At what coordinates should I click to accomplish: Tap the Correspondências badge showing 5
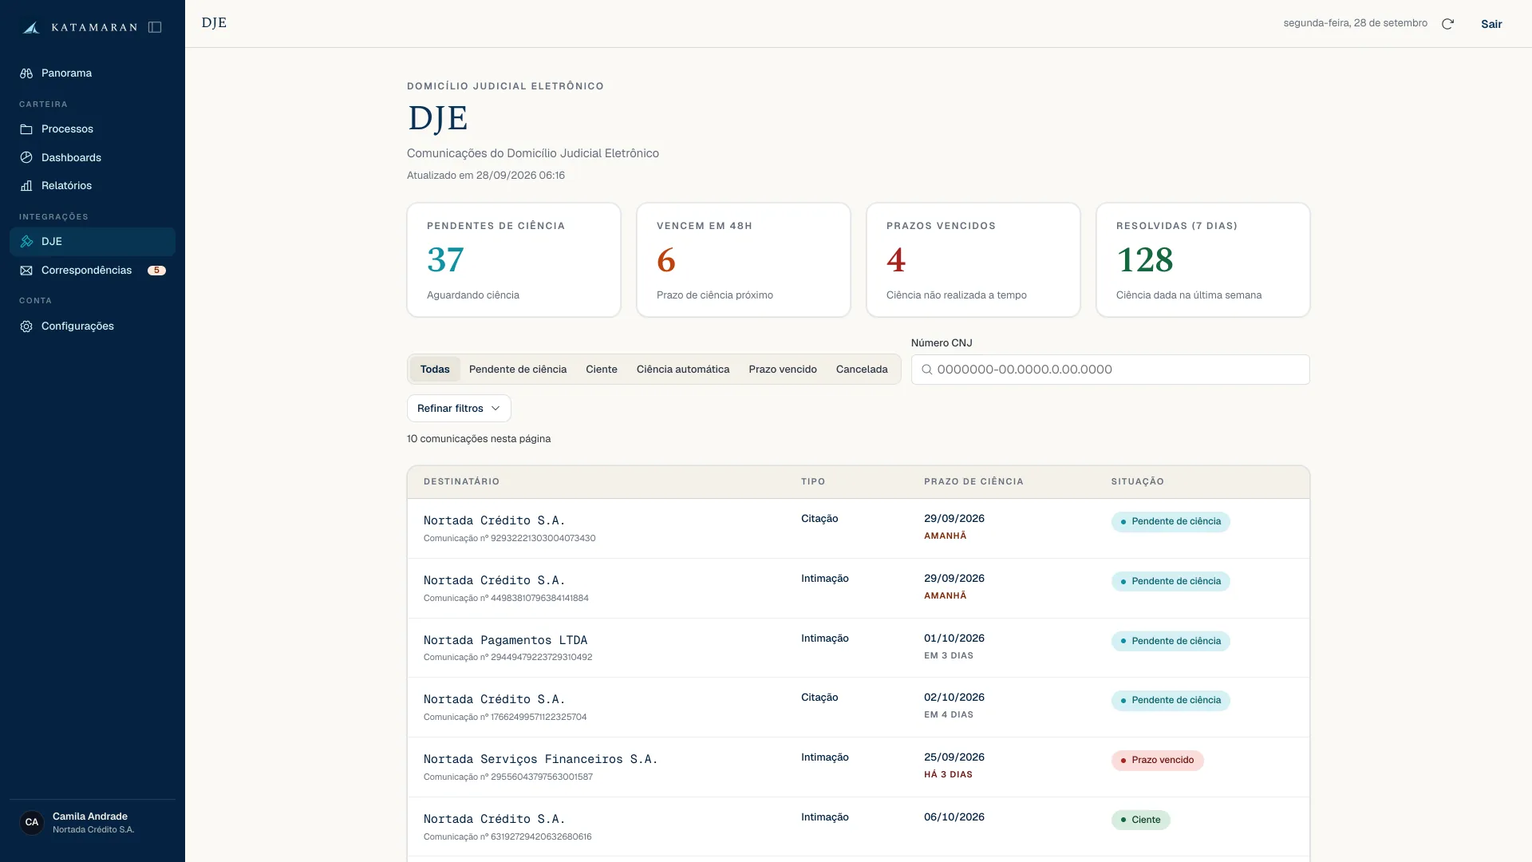pos(156,271)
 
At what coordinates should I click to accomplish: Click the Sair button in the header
pos(1491,24)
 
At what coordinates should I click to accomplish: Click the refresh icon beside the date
pos(1447,24)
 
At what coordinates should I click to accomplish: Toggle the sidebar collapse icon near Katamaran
pos(155,27)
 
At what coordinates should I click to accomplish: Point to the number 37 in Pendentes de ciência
pos(445,260)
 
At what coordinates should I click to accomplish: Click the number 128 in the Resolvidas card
pos(1145,260)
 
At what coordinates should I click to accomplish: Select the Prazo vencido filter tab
pos(783,370)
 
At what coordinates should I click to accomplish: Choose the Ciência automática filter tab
pos(683,370)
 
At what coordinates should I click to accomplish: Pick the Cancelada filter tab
pos(862,370)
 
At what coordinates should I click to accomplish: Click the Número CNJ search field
pos(1110,370)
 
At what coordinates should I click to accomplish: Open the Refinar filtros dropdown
pos(459,409)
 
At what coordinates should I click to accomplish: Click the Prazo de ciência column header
pos(973,482)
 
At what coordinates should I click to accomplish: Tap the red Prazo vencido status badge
pos(1157,761)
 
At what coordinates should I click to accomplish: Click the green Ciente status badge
pos(1140,820)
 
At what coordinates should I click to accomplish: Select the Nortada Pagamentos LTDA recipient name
pos(505,640)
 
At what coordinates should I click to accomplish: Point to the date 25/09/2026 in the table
pos(954,757)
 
